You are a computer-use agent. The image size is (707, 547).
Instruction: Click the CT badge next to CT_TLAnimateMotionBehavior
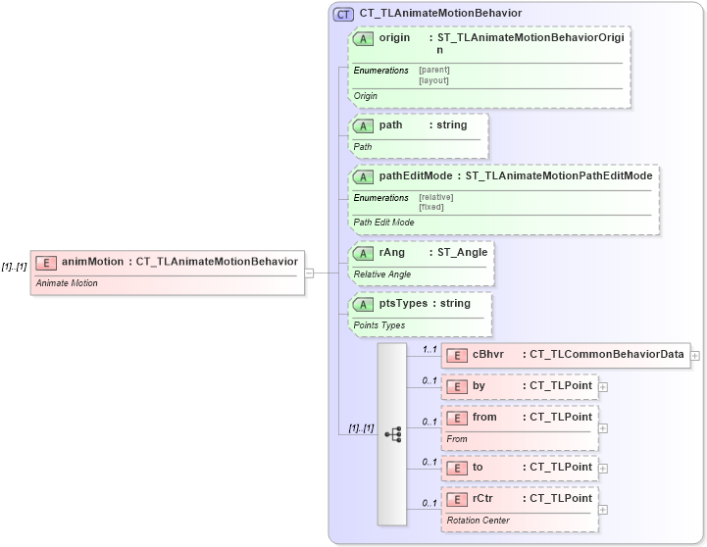point(344,14)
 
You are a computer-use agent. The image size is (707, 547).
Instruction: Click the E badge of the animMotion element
point(46,262)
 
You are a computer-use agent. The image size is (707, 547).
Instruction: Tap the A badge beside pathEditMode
point(364,176)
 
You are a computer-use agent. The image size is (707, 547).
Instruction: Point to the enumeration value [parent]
point(433,71)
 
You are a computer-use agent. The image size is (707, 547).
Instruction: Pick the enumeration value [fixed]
point(431,207)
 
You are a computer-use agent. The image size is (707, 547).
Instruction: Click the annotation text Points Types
point(379,324)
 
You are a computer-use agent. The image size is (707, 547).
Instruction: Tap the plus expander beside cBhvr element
point(695,355)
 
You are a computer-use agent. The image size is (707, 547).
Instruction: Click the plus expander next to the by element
point(603,386)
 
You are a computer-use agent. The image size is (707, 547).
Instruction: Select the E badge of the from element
point(456,418)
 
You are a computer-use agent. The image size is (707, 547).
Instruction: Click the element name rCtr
point(483,498)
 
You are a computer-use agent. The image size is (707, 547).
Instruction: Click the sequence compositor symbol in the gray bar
point(392,434)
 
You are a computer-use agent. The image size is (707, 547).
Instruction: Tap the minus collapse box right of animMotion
point(309,273)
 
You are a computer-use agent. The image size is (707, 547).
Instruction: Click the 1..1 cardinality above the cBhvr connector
point(429,348)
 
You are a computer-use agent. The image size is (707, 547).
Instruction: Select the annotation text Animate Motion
point(67,283)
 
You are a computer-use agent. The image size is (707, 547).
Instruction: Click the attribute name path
point(390,125)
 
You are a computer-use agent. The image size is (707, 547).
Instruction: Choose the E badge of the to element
point(456,468)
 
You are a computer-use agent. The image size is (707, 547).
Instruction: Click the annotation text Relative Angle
point(382,274)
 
